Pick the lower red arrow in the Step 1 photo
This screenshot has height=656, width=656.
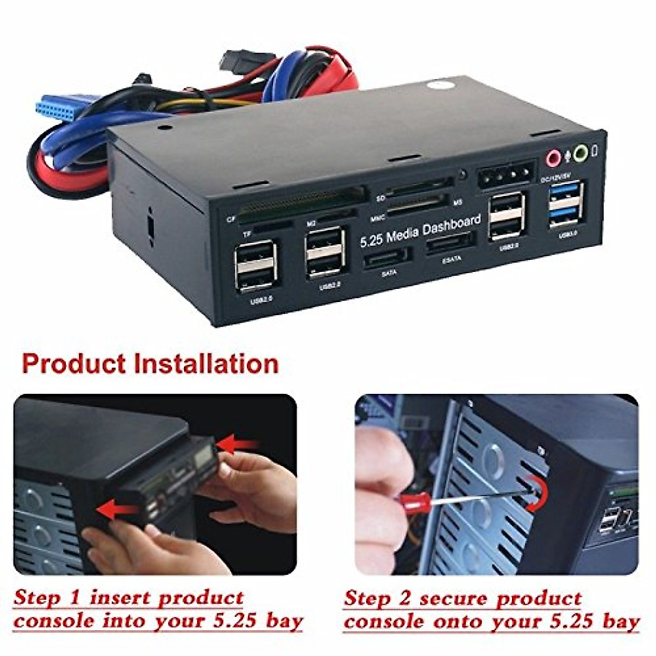[x=117, y=509]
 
